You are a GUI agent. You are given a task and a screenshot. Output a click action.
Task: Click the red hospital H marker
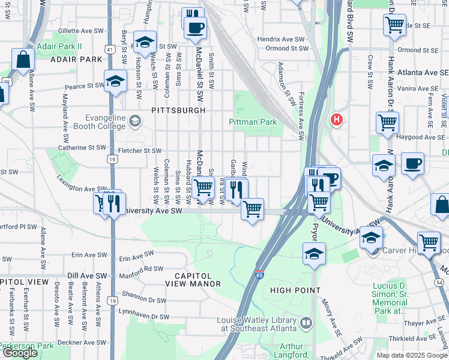click(337, 119)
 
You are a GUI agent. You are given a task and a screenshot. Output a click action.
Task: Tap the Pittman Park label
click(253, 122)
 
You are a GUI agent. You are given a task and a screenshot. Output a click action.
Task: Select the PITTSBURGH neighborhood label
click(178, 110)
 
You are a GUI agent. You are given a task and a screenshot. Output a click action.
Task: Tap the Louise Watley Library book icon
click(306, 324)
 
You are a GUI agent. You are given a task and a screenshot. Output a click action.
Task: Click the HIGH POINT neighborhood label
click(294, 290)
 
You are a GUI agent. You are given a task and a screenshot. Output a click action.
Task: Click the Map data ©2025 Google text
click(412, 355)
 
